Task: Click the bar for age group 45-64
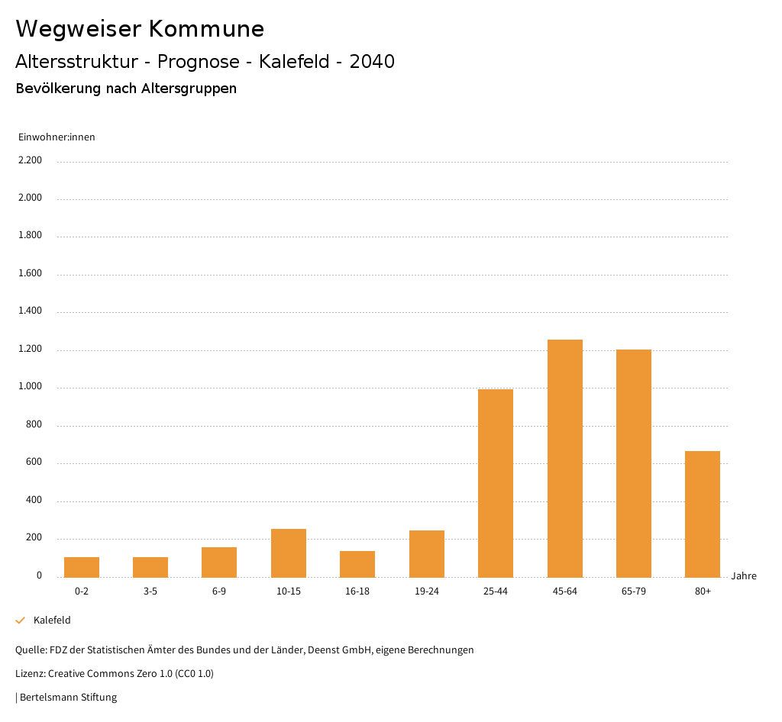point(564,458)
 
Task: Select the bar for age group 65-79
point(633,463)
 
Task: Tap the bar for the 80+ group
point(702,514)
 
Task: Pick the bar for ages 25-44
point(495,482)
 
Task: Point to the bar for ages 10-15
point(288,553)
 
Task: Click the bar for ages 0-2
point(82,567)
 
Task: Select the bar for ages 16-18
point(357,564)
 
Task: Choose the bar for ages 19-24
point(426,553)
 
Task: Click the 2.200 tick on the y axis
point(30,160)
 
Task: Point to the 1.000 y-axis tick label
point(30,387)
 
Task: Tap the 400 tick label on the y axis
point(34,501)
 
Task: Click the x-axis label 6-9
point(219,591)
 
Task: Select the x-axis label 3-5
point(150,591)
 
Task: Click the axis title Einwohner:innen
point(57,137)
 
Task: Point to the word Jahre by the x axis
point(743,576)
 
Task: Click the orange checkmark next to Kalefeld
point(21,620)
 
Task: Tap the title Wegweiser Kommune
point(140,29)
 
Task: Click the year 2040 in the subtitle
point(372,62)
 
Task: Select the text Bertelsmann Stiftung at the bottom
point(68,697)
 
